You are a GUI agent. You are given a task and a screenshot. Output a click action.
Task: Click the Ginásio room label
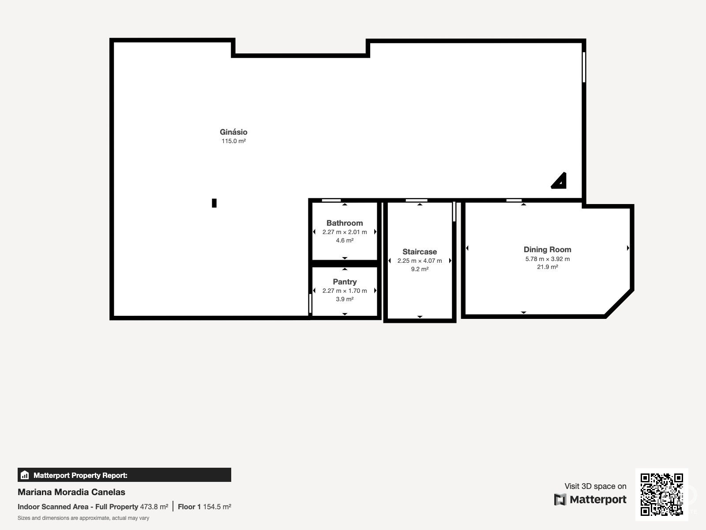coord(233,132)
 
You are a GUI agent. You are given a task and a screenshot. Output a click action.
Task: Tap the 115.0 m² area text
coord(233,141)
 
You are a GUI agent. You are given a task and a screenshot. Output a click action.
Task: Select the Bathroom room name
coord(345,223)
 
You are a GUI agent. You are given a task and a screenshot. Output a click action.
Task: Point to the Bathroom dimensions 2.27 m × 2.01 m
coord(345,232)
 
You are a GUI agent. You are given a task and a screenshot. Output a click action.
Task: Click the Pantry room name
coord(345,282)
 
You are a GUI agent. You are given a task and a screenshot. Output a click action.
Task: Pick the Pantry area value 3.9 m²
coord(345,299)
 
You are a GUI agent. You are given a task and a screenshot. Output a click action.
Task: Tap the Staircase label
coord(420,252)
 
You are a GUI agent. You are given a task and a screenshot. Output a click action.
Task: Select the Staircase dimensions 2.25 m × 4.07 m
coord(420,261)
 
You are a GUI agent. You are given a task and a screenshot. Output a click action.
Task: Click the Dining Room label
coord(547,250)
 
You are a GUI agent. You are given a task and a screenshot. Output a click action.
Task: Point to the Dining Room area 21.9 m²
coord(547,267)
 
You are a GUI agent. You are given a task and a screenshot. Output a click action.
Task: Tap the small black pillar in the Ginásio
coord(214,203)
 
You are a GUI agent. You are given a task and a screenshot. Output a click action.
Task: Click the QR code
coord(661,494)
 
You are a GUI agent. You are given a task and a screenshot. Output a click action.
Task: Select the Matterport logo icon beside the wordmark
coord(560,500)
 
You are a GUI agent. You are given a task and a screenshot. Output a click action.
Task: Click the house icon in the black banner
coord(25,475)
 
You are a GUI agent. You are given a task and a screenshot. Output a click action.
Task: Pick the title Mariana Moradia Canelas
coord(71,492)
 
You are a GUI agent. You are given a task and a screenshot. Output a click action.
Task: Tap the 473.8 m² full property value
coord(154,507)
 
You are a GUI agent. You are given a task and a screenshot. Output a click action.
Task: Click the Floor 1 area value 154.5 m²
coord(217,507)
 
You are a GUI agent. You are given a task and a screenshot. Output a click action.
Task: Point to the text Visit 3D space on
coord(595,486)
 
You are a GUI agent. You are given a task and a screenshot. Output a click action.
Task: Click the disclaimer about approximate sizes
coord(83,518)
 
